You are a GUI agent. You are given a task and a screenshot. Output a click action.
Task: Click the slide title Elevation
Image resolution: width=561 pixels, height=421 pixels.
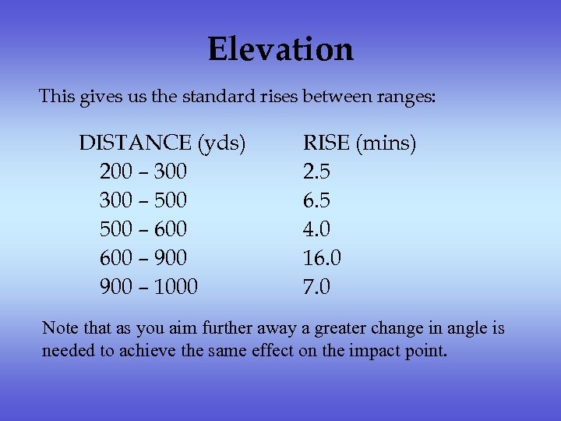point(280,50)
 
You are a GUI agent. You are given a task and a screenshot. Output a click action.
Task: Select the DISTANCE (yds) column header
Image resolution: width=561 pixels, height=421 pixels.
point(162,143)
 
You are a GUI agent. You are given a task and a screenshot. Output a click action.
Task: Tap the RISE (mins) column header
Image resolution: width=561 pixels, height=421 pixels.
point(359,143)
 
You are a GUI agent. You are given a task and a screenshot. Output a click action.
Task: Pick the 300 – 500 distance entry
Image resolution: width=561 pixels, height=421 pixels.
point(143,200)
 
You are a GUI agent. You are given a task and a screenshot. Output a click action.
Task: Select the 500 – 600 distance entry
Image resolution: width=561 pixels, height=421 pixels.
point(143,229)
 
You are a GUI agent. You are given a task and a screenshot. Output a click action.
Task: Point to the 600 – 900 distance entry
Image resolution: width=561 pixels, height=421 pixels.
point(143,258)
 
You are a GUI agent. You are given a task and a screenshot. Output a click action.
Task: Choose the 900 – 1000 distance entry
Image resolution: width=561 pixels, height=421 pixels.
point(149,287)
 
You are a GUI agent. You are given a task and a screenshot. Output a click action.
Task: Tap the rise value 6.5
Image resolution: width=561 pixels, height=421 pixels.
point(316,200)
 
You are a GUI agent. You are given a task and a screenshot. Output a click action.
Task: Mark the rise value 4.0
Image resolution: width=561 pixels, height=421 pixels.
point(316,229)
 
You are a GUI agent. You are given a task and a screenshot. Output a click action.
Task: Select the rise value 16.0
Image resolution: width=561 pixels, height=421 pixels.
point(322,258)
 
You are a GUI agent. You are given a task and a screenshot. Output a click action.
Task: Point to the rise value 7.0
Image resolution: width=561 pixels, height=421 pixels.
point(316,287)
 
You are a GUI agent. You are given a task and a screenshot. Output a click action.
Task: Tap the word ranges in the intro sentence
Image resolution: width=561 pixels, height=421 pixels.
point(402,98)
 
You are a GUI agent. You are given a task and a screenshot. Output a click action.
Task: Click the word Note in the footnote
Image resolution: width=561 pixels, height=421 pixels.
point(59,328)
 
